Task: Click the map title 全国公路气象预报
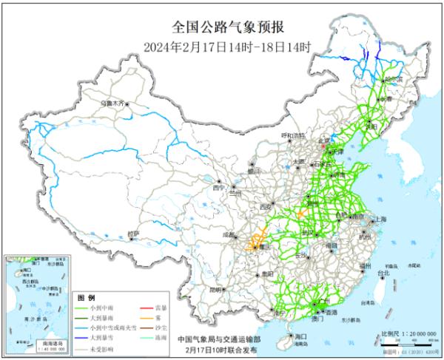[x=221, y=30]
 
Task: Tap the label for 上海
[x=381, y=220]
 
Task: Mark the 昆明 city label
[x=215, y=289]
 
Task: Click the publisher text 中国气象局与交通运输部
[x=215, y=339]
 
